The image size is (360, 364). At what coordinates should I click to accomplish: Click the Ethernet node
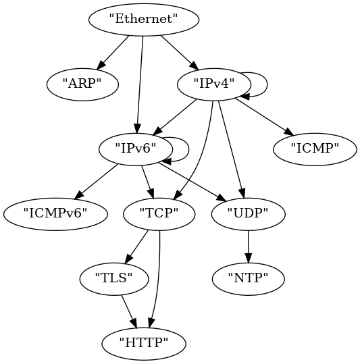pyautogui.click(x=143, y=20)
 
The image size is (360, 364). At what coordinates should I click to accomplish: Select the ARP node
pyautogui.click(x=82, y=84)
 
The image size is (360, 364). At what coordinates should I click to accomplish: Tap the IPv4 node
pyautogui.click(x=214, y=84)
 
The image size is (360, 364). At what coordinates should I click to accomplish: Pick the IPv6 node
pyautogui.click(x=136, y=149)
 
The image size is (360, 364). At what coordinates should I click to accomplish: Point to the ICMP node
pyautogui.click(x=315, y=149)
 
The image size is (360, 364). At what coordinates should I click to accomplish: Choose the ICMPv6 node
pyautogui.click(x=55, y=214)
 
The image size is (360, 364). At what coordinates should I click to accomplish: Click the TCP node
pyautogui.click(x=159, y=214)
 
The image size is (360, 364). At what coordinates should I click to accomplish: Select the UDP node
pyautogui.click(x=248, y=214)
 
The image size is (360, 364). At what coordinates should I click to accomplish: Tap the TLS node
pyautogui.click(x=114, y=279)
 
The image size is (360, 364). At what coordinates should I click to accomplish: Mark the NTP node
pyautogui.click(x=248, y=279)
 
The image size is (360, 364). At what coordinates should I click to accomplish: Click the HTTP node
pyautogui.click(x=144, y=344)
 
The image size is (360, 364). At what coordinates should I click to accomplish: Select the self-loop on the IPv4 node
pyautogui.click(x=267, y=84)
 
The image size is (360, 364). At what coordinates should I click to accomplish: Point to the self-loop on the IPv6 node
pyautogui.click(x=189, y=149)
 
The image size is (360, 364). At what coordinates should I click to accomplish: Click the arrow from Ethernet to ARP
pyautogui.click(x=113, y=53)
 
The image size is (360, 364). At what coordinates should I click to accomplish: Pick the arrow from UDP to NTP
pyautogui.click(x=248, y=246)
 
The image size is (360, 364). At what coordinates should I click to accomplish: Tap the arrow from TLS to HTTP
pyautogui.click(x=129, y=312)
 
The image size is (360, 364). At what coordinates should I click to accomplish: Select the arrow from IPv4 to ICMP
pyautogui.click(x=265, y=117)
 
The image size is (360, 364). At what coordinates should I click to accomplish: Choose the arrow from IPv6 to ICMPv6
pyautogui.click(x=96, y=182)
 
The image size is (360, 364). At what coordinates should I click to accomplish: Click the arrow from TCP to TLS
pyautogui.click(x=136, y=247)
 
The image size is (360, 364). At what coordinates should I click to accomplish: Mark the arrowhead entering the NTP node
pyautogui.click(x=248, y=259)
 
